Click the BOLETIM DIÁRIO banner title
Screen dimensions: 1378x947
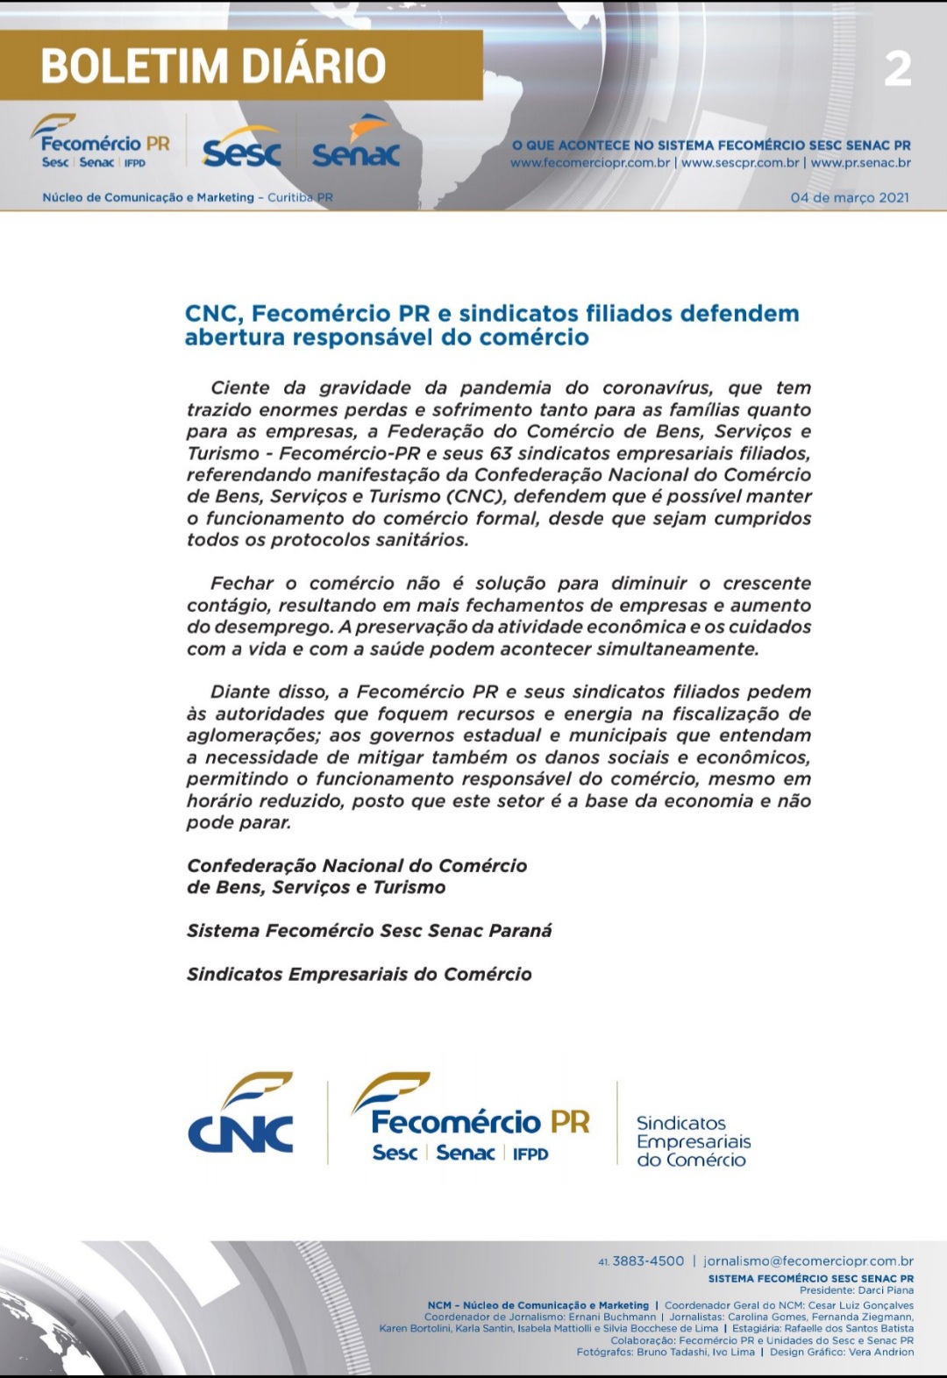[213, 67]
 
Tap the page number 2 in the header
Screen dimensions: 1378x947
[897, 69]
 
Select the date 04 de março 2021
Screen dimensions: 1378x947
[849, 197]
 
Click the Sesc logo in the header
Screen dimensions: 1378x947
[241, 153]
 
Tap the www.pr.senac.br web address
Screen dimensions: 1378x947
[860, 163]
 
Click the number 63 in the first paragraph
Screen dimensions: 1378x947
[501, 453]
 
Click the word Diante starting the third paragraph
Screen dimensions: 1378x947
[241, 693]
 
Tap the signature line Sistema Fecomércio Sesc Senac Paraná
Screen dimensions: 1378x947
[369, 931]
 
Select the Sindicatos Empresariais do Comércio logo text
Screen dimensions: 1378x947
[693, 1141]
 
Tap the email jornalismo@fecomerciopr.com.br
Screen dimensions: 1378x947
[808, 1261]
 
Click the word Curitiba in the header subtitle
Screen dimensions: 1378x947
[290, 198]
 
